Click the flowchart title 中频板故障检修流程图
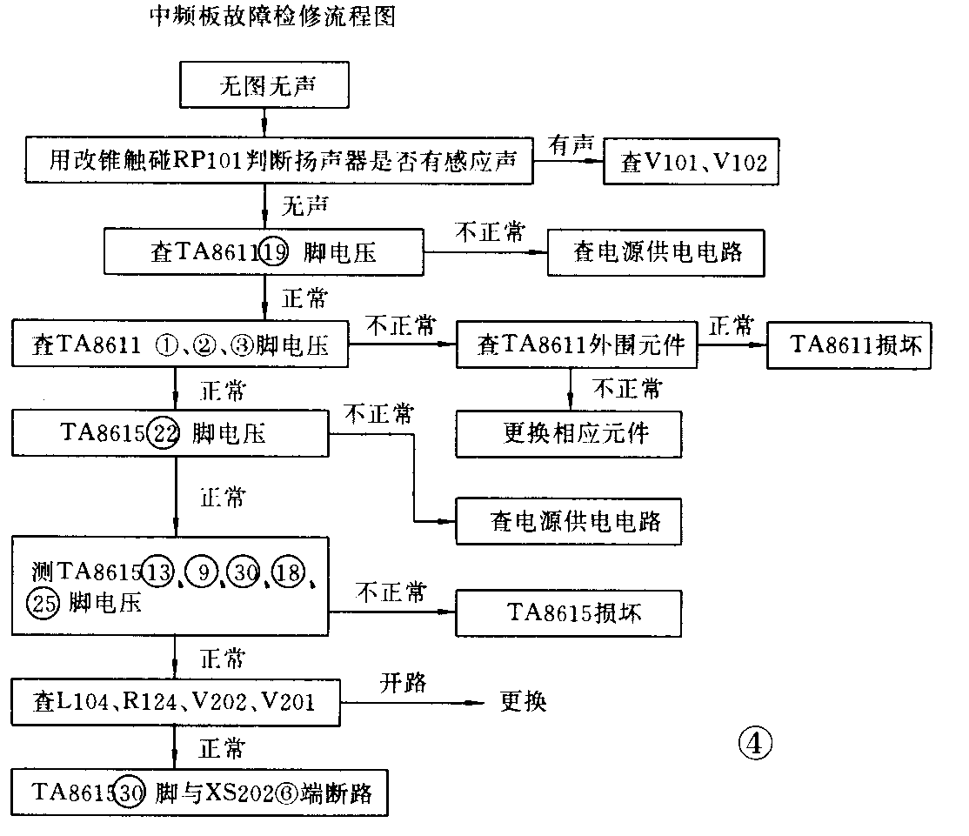pos(272,18)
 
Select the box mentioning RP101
pos(278,161)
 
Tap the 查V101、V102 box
pos(691,163)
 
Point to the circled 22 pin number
pos(163,432)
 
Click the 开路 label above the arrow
pos(403,683)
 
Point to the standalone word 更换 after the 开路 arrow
pos(524,701)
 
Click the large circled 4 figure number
pos(754,742)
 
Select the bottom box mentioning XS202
pos(200,793)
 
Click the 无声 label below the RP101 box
pos(305,206)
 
